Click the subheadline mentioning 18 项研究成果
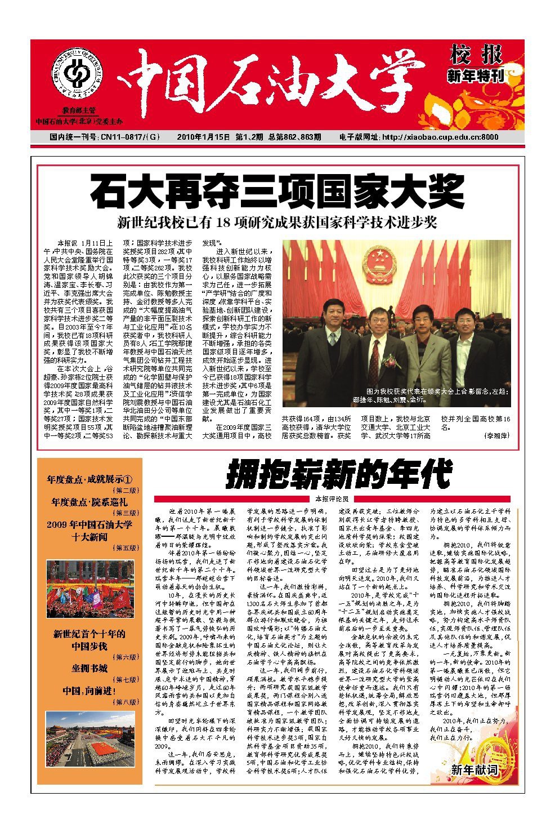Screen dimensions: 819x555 (277, 221)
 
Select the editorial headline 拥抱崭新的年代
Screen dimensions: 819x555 (339, 475)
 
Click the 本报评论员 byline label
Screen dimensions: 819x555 (332, 498)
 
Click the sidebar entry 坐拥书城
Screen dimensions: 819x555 (89, 668)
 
